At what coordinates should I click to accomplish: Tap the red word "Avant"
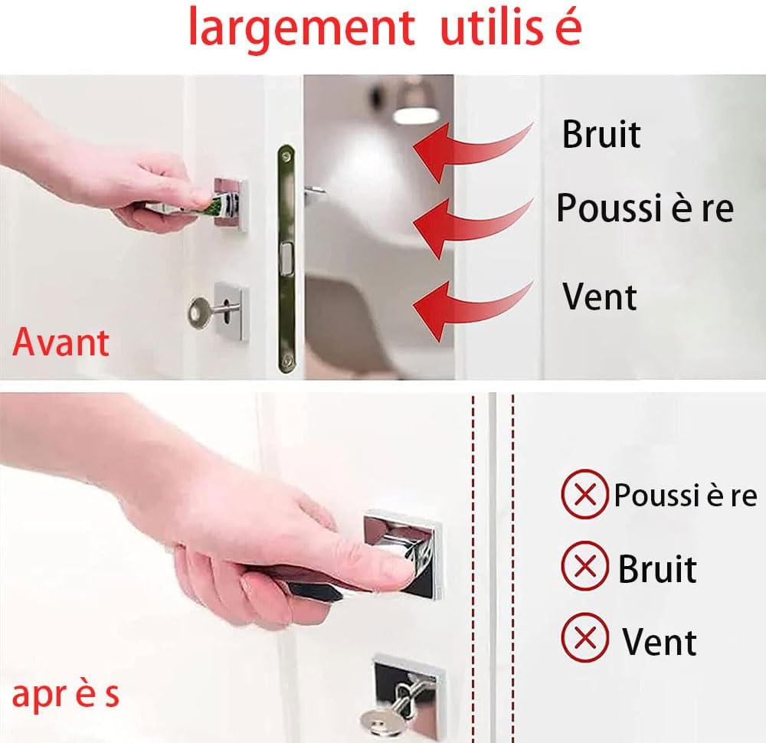point(61,342)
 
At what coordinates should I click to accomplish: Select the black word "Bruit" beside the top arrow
point(601,134)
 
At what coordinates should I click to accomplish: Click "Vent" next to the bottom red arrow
point(600,296)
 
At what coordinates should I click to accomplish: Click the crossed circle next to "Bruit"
point(584,566)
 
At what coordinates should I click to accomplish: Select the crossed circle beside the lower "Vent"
point(584,638)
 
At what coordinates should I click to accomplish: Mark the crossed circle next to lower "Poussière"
point(584,494)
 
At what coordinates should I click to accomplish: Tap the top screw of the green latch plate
point(286,155)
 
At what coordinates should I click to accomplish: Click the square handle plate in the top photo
point(231,205)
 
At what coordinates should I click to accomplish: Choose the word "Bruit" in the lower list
point(657,569)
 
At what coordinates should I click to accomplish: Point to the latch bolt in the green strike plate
point(285,255)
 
